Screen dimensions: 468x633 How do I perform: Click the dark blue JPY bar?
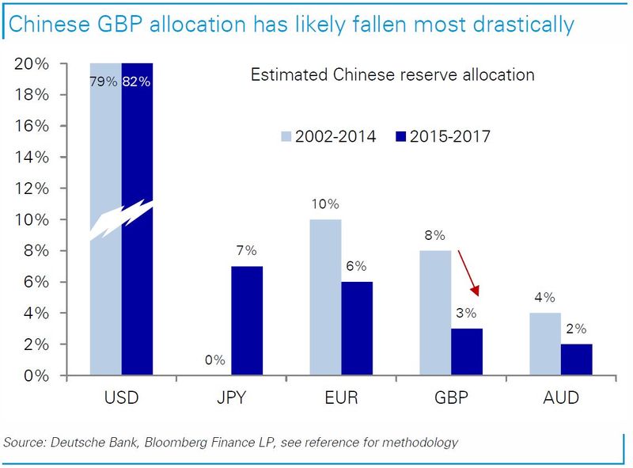click(x=247, y=321)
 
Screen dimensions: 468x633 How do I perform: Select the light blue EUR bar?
click(x=325, y=297)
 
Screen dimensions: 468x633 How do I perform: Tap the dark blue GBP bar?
click(x=466, y=352)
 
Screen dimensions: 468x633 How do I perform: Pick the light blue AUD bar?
click(x=545, y=344)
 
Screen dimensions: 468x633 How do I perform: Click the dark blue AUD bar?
click(x=576, y=360)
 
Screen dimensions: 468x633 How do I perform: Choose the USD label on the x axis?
click(x=122, y=397)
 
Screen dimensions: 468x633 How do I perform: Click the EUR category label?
click(x=341, y=397)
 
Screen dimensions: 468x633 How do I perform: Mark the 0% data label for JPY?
click(x=214, y=361)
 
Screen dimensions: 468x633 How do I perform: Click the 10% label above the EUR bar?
click(x=325, y=204)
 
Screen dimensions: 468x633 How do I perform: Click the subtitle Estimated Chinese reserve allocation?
click(x=392, y=75)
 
